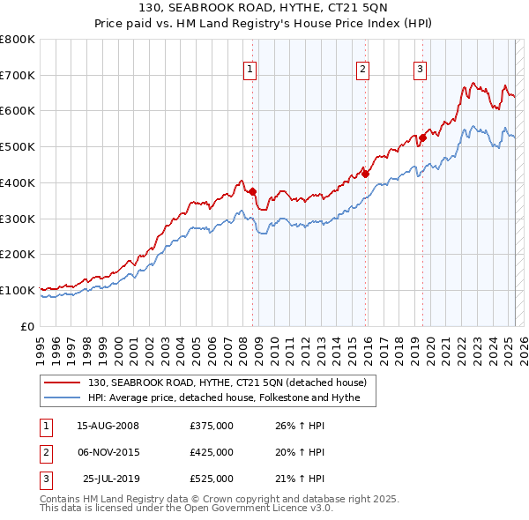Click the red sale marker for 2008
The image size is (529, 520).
pyautogui.click(x=252, y=191)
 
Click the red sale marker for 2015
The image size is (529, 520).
pyautogui.click(x=365, y=174)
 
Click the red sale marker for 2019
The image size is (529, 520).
pyautogui.click(x=423, y=137)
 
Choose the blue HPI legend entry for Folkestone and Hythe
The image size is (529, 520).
pyautogui.click(x=230, y=398)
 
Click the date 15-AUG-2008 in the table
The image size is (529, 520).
pyautogui.click(x=108, y=427)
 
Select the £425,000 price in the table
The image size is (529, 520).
pyautogui.click(x=212, y=453)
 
